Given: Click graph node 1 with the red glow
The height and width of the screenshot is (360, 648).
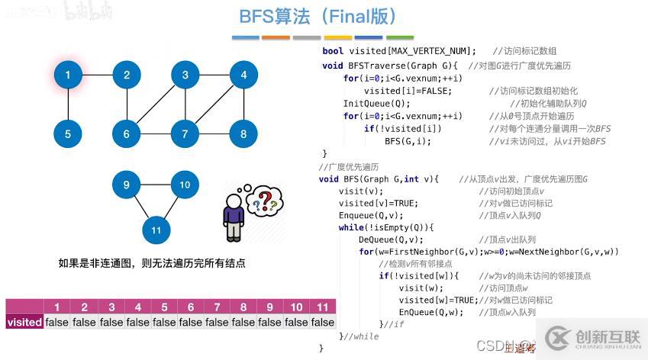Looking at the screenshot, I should [68, 75].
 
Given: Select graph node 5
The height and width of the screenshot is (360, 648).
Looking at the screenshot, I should [68, 134].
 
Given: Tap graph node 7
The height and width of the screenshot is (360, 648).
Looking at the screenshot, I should [185, 134].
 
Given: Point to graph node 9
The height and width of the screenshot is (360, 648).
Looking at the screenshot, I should [127, 185].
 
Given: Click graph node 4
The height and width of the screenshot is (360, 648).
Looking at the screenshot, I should [243, 75].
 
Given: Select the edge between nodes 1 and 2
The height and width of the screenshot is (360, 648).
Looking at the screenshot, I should [97, 75].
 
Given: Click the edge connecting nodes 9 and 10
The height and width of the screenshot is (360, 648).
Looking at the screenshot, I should [156, 185].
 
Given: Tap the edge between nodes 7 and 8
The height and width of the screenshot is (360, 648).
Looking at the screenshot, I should [214, 134].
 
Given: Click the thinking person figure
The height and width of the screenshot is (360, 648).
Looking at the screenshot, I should [234, 217].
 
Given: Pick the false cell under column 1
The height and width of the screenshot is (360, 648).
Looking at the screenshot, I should [57, 322].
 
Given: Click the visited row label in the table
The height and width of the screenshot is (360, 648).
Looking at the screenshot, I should [24, 322].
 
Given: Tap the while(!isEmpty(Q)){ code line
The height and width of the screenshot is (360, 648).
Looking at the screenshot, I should [386, 227].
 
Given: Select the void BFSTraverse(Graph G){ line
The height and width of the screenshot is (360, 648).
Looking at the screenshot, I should [390, 66].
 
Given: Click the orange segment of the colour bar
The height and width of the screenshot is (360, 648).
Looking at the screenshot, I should [276, 37].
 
